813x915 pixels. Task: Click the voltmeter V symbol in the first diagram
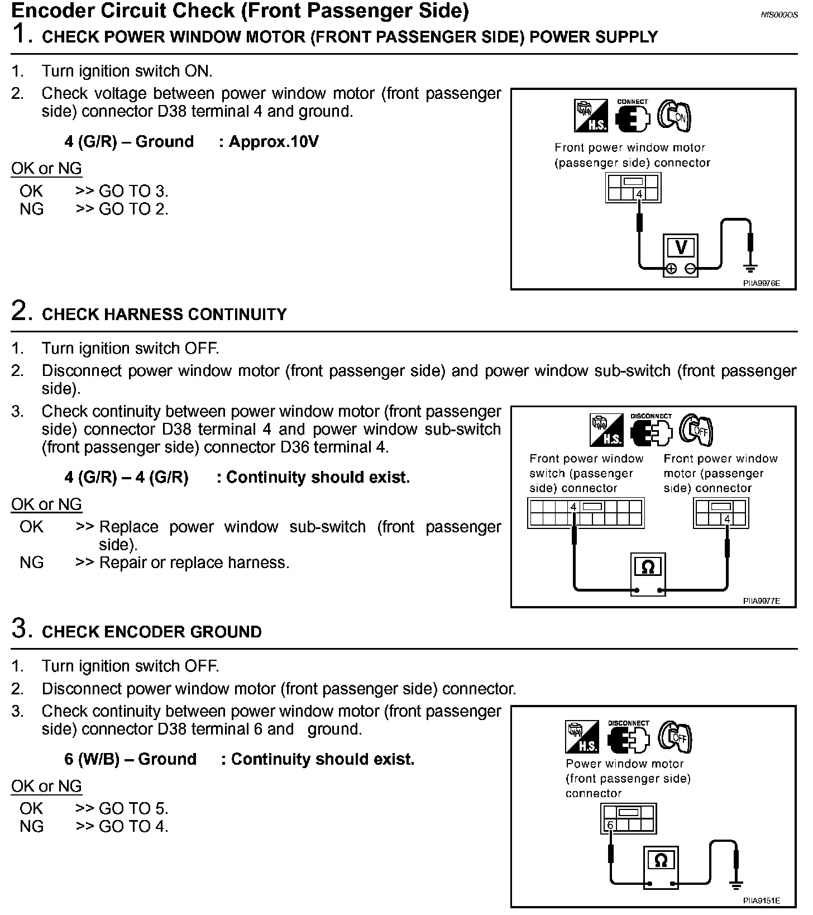click(x=681, y=247)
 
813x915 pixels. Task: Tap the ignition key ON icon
click(x=674, y=116)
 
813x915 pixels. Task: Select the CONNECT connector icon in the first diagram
click(x=633, y=117)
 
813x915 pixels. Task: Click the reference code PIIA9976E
click(x=761, y=283)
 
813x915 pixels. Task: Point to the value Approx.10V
click(x=274, y=141)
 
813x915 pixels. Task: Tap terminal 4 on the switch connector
click(x=573, y=507)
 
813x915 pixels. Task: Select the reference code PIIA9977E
click(x=761, y=601)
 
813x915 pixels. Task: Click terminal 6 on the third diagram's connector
click(x=610, y=825)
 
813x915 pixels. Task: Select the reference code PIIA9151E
click(x=761, y=900)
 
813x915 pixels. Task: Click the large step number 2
click(x=20, y=311)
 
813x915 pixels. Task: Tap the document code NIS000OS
click(x=779, y=15)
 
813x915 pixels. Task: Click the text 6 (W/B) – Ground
click(x=131, y=759)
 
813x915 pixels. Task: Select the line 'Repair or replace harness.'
click(x=194, y=563)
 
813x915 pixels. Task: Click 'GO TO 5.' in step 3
click(x=133, y=808)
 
